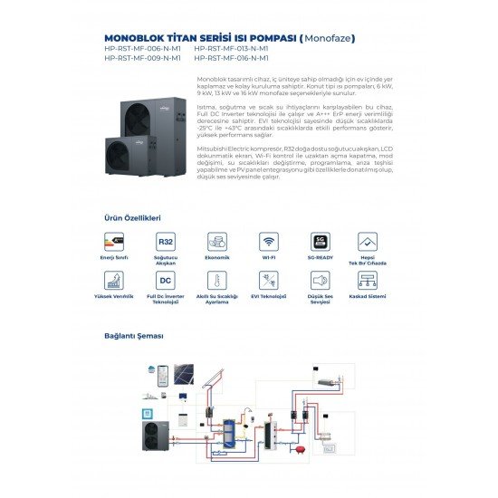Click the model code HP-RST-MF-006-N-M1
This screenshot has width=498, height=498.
[142, 49]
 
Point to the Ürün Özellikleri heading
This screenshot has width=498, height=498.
[133, 218]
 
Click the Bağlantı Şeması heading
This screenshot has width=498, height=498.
[134, 335]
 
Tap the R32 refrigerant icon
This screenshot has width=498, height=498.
[166, 242]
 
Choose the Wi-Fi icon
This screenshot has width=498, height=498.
[269, 242]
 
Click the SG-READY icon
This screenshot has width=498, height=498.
[319, 242]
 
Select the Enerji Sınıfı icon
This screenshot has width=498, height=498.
[114, 242]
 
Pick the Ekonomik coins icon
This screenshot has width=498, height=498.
[217, 242]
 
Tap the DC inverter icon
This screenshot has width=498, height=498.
[166, 281]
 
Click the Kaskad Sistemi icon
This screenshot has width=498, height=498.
[368, 281]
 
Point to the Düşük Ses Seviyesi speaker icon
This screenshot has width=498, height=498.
[319, 281]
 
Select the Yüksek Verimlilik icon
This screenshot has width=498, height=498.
[114, 281]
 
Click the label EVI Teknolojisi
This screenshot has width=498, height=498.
[269, 296]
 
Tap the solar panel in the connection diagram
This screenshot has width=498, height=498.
[184, 374]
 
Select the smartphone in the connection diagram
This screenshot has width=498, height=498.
[163, 373]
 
